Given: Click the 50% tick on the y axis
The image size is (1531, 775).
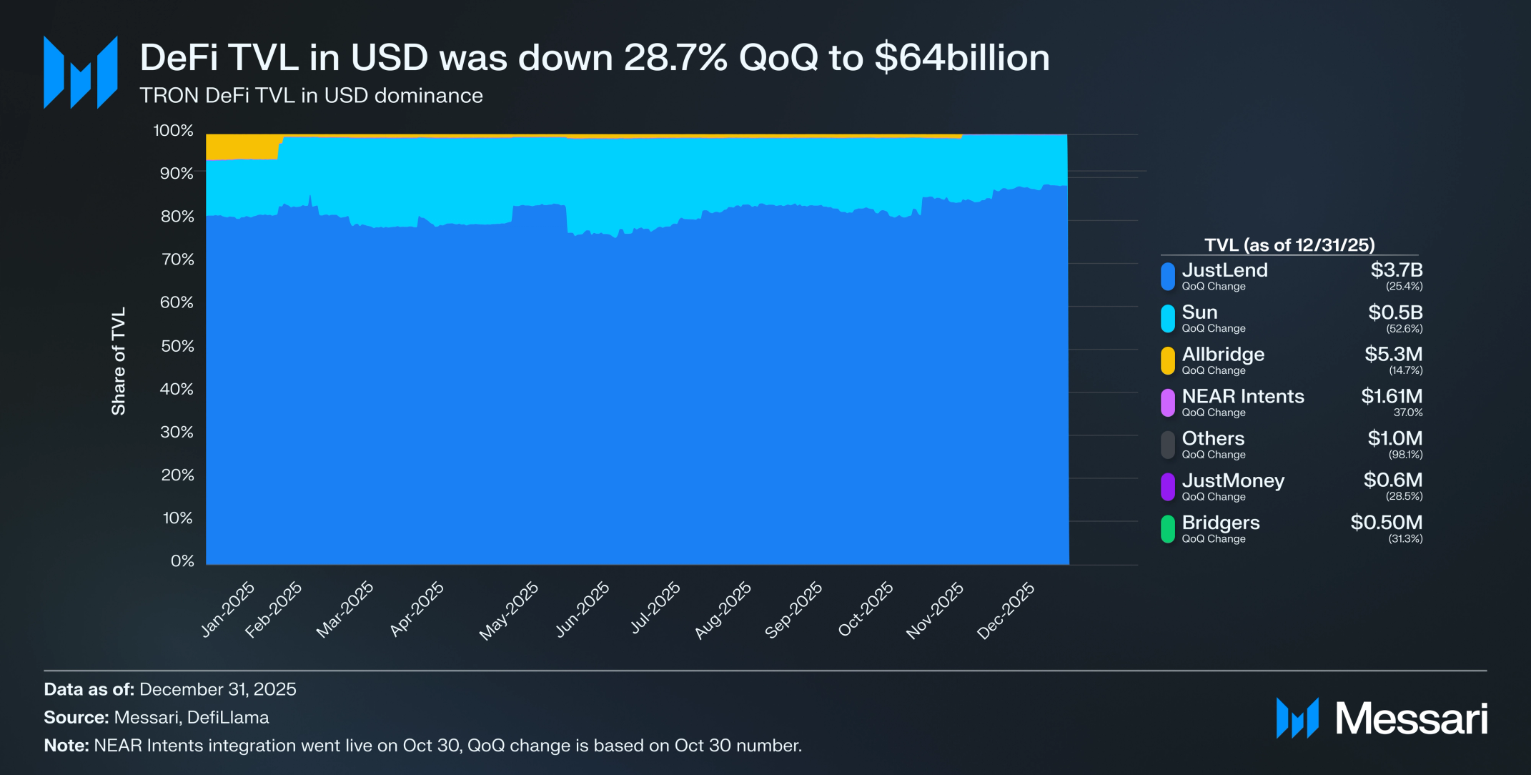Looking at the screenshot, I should (177, 346).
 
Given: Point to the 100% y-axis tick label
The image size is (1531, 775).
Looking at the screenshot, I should (174, 131).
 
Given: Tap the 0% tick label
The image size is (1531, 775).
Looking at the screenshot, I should (182, 561).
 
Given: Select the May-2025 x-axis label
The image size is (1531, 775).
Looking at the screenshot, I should (509, 610).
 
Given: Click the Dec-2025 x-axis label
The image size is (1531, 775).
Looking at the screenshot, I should (1006, 610).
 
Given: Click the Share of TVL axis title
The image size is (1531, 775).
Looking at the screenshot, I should (119, 361).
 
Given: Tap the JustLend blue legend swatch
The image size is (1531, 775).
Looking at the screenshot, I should (1167, 277).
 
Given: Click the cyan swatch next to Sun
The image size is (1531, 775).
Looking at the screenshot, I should (1167, 319).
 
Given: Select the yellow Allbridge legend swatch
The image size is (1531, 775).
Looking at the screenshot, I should (1167, 361).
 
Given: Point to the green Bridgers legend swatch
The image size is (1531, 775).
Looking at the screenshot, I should (1167, 529).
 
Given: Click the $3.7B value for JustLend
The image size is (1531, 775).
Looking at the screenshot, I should (1396, 270).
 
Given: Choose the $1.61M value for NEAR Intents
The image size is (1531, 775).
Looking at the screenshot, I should (1391, 396).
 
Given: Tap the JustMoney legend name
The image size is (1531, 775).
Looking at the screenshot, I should (1233, 480).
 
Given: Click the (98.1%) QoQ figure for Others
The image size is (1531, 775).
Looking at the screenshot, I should (1405, 455).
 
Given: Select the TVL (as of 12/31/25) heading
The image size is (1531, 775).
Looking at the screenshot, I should (1289, 245).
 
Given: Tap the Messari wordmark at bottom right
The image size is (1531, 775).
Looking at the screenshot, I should (1411, 719).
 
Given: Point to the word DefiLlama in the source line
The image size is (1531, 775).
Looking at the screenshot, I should (228, 717).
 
